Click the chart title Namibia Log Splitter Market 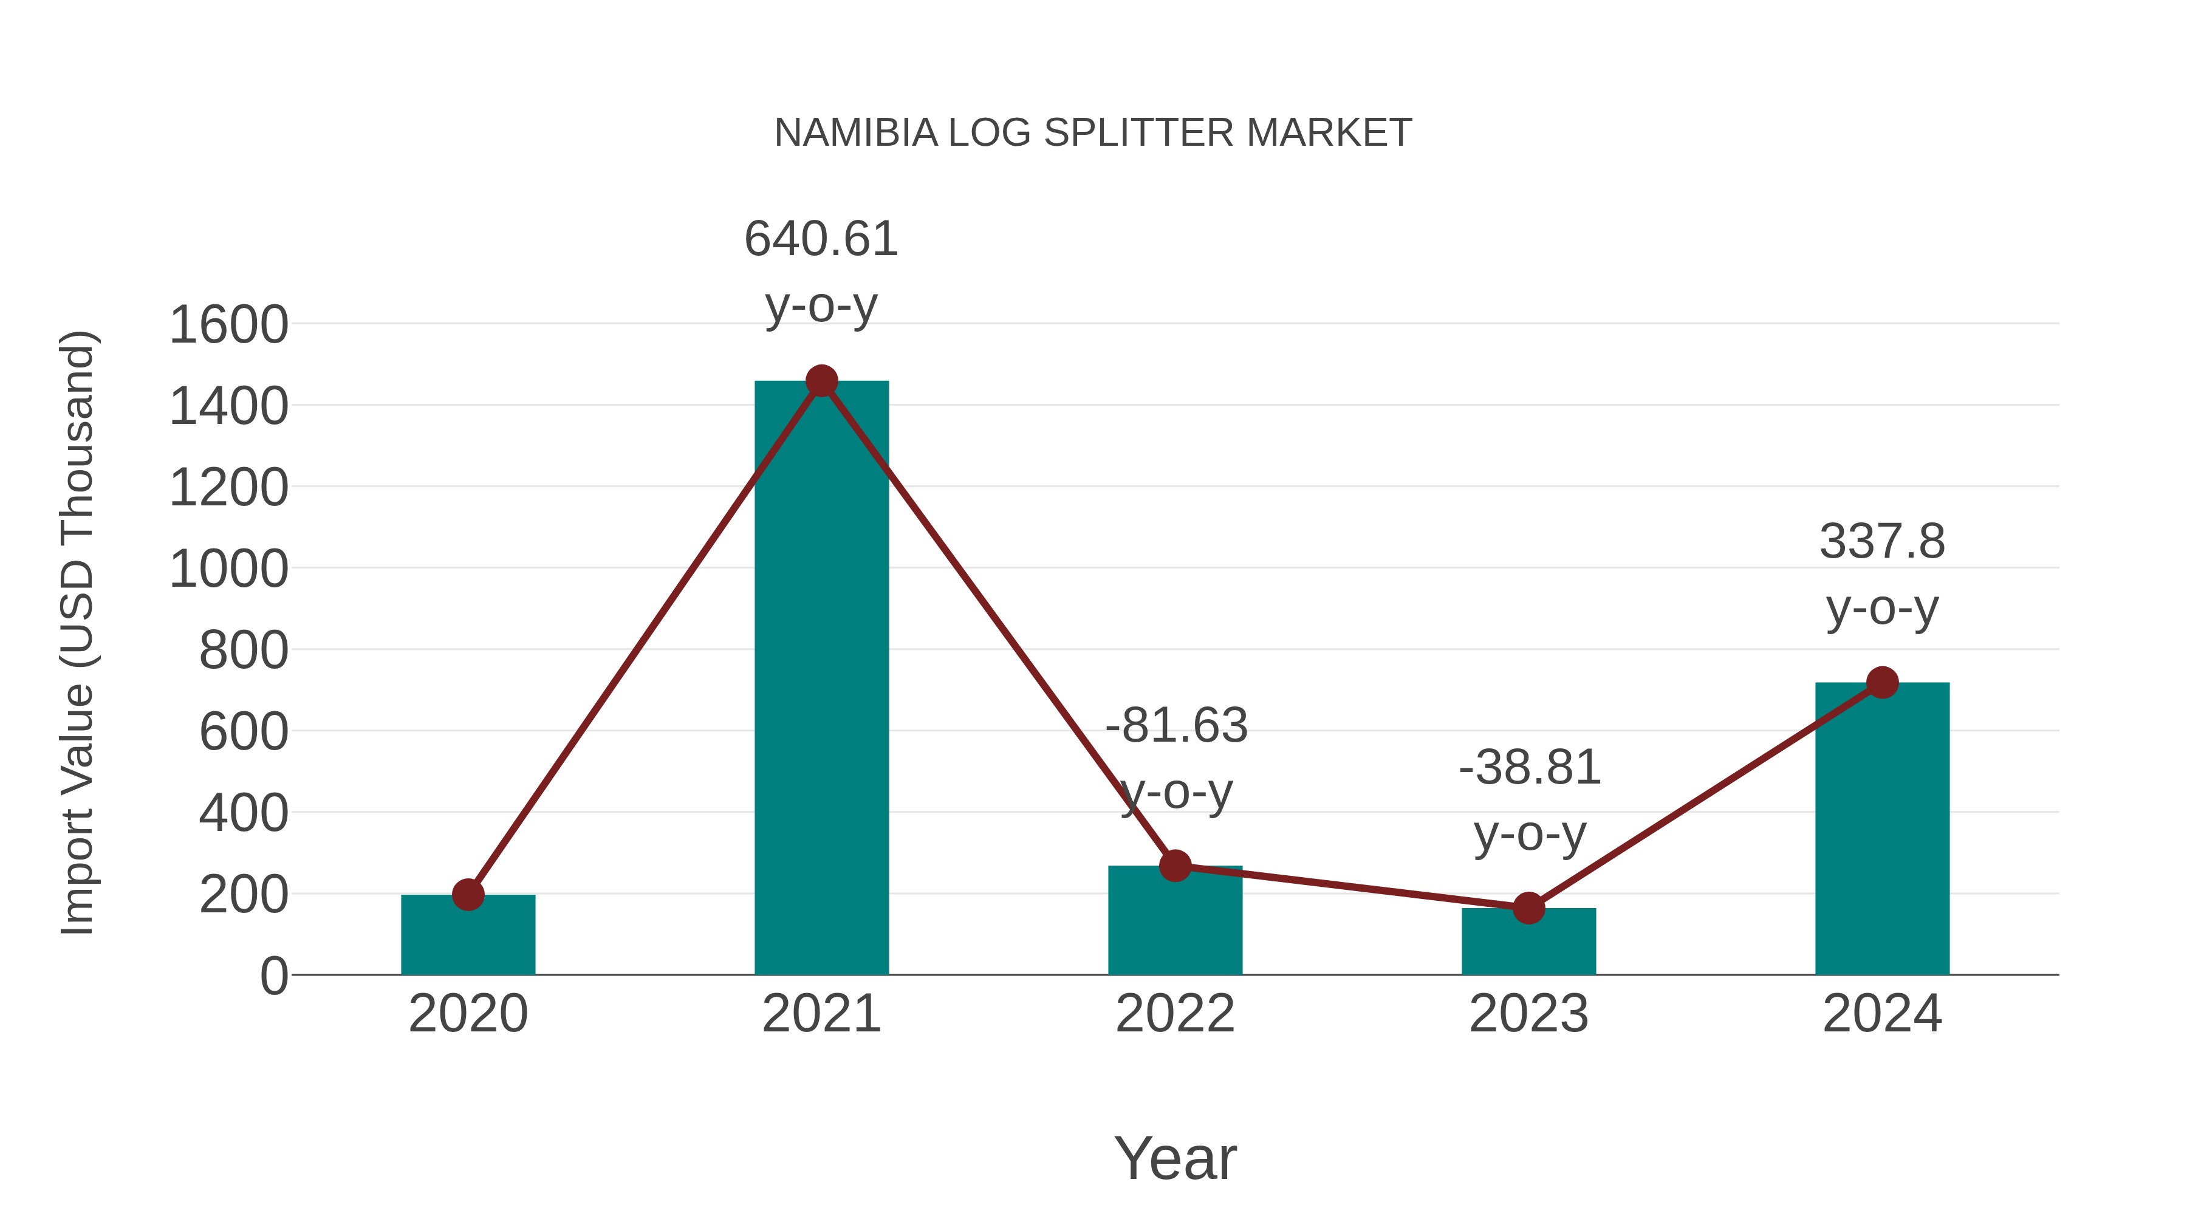tap(1093, 133)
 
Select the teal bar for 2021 tap(821, 679)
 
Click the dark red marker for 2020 tap(468, 894)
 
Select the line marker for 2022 tap(1175, 866)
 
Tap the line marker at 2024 tap(1882, 683)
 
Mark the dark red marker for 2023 tap(1528, 908)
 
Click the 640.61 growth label tap(821, 239)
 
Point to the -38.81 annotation tap(1529, 768)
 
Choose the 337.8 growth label tap(1882, 542)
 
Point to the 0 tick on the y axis tap(273, 976)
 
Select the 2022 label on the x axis tap(1175, 1014)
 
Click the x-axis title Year tap(1175, 1159)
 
